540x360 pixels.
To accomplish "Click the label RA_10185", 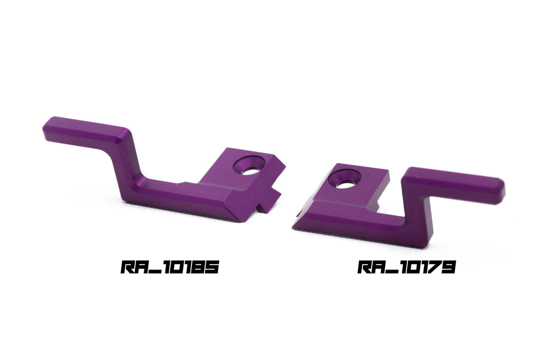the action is point(170,266).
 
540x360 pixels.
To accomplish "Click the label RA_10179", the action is point(406,266).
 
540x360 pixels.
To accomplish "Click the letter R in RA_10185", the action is point(127,267).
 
